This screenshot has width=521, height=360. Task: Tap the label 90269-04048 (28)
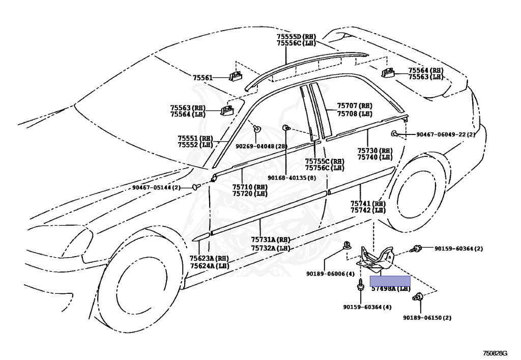pyautogui.click(x=262, y=146)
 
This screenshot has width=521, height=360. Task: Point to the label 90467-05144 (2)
pyautogui.click(x=156, y=187)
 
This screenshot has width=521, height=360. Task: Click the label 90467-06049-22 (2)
pyautogui.click(x=445, y=134)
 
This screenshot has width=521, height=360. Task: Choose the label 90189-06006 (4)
pyautogui.click(x=330, y=274)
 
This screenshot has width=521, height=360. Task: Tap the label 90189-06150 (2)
pyautogui.click(x=427, y=317)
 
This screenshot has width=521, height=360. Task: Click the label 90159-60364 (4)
pyautogui.click(x=367, y=307)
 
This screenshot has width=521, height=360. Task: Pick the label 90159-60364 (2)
pyautogui.click(x=458, y=248)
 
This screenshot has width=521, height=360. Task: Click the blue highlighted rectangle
pyautogui.click(x=390, y=281)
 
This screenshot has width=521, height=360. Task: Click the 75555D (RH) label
pyautogui.click(x=296, y=37)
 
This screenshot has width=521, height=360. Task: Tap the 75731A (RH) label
pyautogui.click(x=270, y=240)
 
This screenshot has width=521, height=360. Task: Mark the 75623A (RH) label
pyautogui.click(x=209, y=259)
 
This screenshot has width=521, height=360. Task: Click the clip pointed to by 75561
pyautogui.click(x=236, y=76)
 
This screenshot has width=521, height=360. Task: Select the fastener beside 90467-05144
pyautogui.click(x=195, y=187)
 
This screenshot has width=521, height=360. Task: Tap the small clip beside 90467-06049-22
pyautogui.click(x=395, y=133)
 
